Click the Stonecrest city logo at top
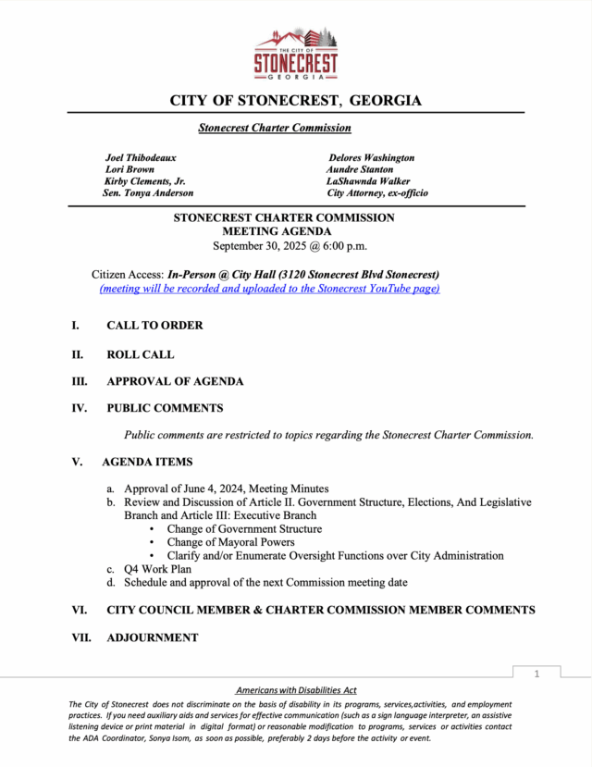click(x=296, y=54)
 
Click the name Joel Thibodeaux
click(x=141, y=158)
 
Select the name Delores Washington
click(x=371, y=158)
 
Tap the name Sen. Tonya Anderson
click(x=149, y=193)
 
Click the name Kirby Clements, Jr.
click(x=145, y=181)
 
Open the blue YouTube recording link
click(x=269, y=289)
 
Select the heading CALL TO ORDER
click(x=154, y=326)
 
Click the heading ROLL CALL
click(x=140, y=354)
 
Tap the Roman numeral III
click(x=80, y=381)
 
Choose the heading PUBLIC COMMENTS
click(x=165, y=408)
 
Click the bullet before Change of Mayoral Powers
click(x=153, y=543)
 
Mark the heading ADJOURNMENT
click(x=152, y=637)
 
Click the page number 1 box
click(x=536, y=674)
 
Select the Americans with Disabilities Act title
click(x=296, y=691)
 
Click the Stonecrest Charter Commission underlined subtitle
click(x=274, y=128)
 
